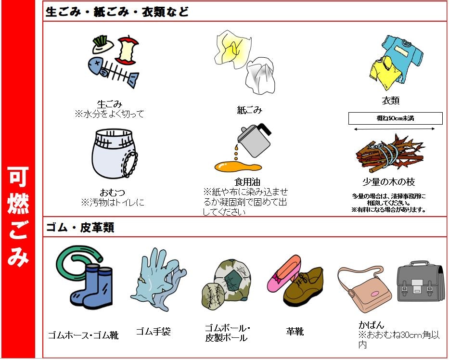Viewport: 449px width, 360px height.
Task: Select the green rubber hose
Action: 77,265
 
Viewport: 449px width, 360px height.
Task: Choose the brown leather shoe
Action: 304,288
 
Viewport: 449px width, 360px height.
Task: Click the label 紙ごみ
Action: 250,110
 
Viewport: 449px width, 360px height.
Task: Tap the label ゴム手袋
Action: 153,332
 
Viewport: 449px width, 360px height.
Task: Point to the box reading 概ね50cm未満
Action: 395,118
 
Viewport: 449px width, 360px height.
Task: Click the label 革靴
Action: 295,332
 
